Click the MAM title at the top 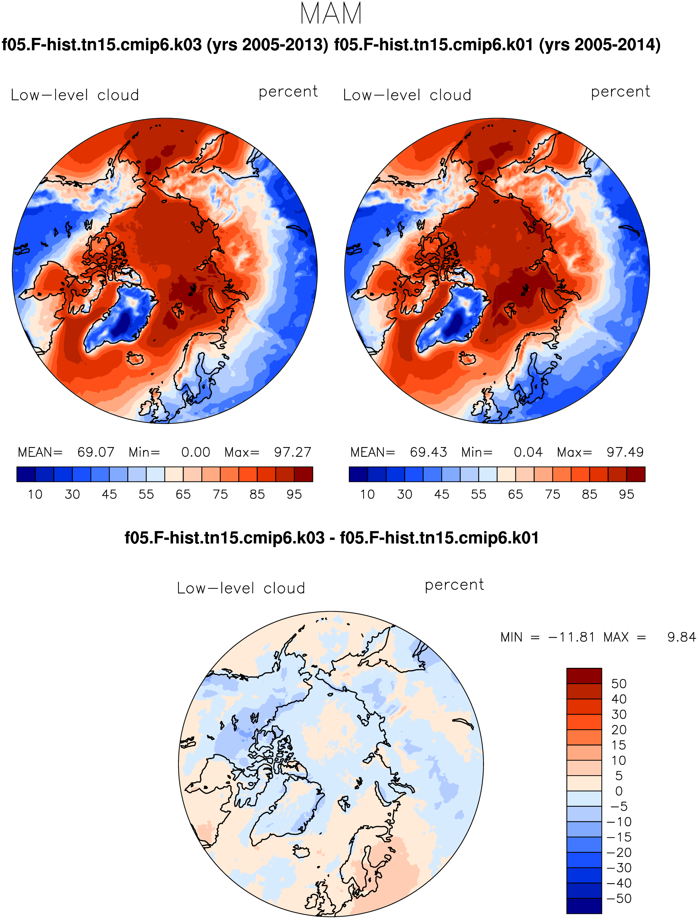pyautogui.click(x=331, y=14)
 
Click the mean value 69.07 pyautogui.click(x=96, y=452)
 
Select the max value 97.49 pyautogui.click(x=625, y=452)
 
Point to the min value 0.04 pyautogui.click(x=528, y=452)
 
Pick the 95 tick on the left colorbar pyautogui.click(x=294, y=494)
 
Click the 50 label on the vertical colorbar pyautogui.click(x=619, y=684)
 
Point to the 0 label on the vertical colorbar pyautogui.click(x=619, y=791)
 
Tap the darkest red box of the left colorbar pyautogui.click(x=303, y=474)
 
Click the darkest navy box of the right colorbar pyautogui.click(x=358, y=474)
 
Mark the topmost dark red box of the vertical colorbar pyautogui.click(x=584, y=676)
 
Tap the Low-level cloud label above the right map pyautogui.click(x=407, y=95)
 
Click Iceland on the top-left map pyautogui.click(x=135, y=358)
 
